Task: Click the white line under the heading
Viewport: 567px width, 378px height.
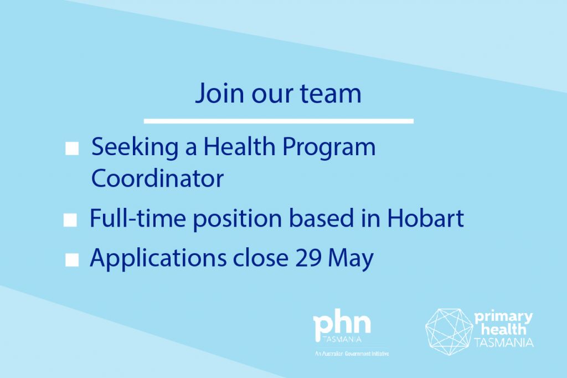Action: [x=279, y=121]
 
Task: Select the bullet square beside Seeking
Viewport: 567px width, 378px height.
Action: [x=72, y=148]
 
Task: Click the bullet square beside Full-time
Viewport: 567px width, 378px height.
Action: [x=70, y=220]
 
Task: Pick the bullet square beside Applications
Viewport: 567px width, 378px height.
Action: [x=72, y=259]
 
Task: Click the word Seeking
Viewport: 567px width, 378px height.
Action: [x=135, y=148]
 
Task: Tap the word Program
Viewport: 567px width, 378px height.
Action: [x=329, y=148]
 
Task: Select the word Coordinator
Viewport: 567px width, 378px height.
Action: [x=157, y=178]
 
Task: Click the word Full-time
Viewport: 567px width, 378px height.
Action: [x=138, y=218]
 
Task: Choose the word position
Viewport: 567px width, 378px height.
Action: [x=238, y=219]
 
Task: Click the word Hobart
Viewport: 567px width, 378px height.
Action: [x=425, y=218]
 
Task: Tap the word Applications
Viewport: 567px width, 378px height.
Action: [x=158, y=258]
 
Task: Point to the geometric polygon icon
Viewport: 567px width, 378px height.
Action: [x=449, y=331]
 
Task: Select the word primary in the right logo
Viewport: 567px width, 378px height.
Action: [x=503, y=318]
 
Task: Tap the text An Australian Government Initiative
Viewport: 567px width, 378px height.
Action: [x=352, y=354]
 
